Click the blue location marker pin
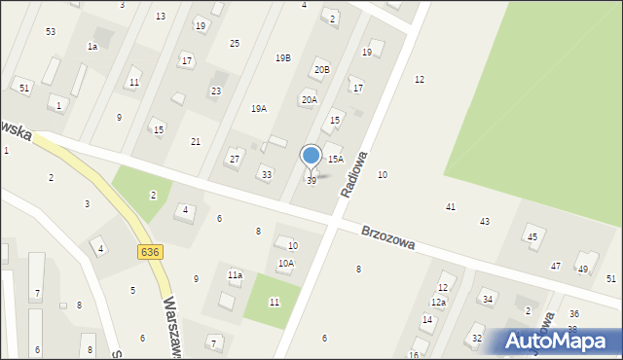pos(311,157)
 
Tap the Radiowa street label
pos(353,175)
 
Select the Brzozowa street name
pos(388,238)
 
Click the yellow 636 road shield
pos(149,251)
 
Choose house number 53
pos(51,32)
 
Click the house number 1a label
pos(92,47)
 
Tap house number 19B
pos(282,58)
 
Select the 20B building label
pos(321,70)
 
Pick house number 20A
pos(309,99)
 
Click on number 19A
pos(259,109)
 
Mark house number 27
pos(235,159)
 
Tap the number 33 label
pos(266,174)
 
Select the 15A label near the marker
pos(335,159)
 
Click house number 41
pos(451,207)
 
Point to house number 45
pos(531,236)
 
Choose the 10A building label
pos(286,263)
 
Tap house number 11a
pos(235,275)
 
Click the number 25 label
pos(235,43)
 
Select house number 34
pos(488,299)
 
